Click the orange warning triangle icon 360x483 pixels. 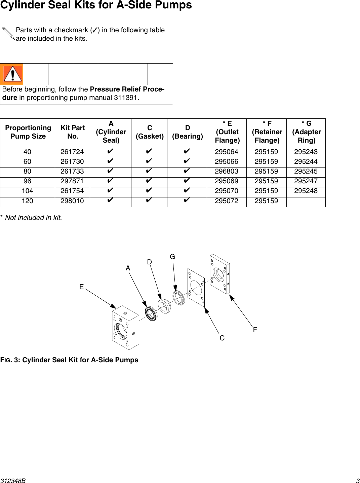click(12, 74)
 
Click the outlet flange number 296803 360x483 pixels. click(227, 172)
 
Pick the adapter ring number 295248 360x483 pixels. click(306, 191)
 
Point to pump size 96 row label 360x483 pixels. click(28, 181)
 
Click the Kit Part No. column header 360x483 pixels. click(73, 132)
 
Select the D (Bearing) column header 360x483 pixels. click(188, 132)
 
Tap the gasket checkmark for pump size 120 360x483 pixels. click(149, 201)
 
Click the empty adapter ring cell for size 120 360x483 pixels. click(306, 201)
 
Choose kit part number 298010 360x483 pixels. click(72, 201)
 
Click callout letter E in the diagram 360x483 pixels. click(81, 287)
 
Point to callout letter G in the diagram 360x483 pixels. click(172, 257)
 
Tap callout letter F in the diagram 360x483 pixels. click(255, 330)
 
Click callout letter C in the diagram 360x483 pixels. click(222, 338)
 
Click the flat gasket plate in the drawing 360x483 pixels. click(196, 288)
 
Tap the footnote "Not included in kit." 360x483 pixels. click(33, 218)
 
